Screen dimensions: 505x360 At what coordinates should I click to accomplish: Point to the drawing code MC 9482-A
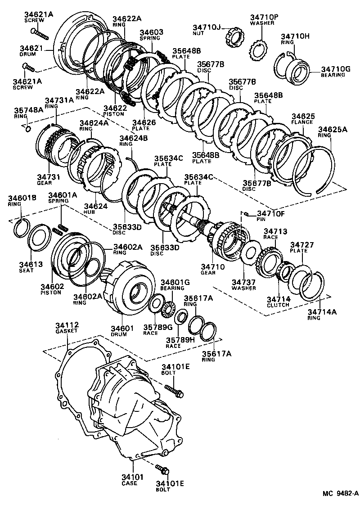pyautogui.click(x=340, y=494)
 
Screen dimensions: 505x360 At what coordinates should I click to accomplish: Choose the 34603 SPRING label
pyautogui.click(x=151, y=35)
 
